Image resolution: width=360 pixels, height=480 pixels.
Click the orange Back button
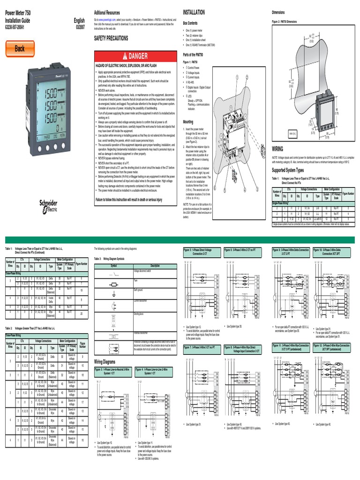tap(20, 48)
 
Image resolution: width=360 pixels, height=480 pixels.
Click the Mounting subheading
tap(188, 121)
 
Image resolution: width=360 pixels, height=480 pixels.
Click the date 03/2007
tap(80, 27)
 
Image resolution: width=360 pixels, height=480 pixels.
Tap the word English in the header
tap(79, 21)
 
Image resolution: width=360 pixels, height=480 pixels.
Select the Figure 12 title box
tap(331, 347)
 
